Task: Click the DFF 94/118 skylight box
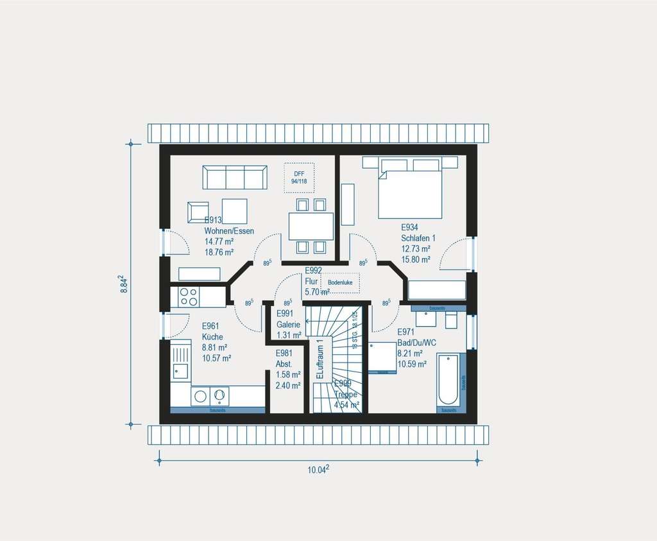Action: (x=299, y=178)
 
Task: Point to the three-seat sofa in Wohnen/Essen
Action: (x=235, y=177)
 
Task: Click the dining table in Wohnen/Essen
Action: (x=311, y=226)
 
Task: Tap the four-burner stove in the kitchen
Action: (x=188, y=296)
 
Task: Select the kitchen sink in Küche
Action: (x=180, y=371)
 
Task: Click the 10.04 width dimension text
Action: (x=318, y=469)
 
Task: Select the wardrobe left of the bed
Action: (x=347, y=204)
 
